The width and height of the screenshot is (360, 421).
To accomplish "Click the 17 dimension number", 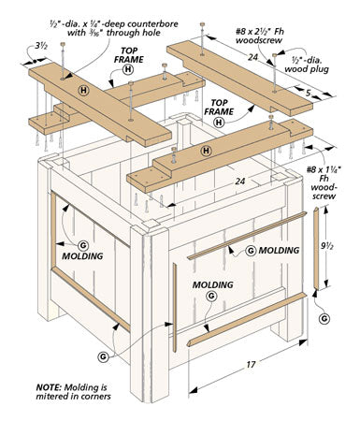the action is pyautogui.click(x=251, y=364).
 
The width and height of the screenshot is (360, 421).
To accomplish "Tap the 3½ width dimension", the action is pyautogui.click(x=41, y=46).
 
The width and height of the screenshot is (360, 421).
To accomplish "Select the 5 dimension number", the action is pyautogui.click(x=309, y=93).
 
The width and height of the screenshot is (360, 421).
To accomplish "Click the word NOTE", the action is pyautogui.click(x=49, y=387).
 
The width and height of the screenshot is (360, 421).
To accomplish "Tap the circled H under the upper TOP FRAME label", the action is pyautogui.click(x=128, y=69).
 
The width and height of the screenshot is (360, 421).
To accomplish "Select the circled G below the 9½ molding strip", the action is pyautogui.click(x=324, y=318).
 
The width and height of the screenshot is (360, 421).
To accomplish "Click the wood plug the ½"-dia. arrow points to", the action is pyautogui.click(x=274, y=55).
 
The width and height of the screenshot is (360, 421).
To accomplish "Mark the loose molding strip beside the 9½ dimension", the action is pyautogui.click(x=316, y=249).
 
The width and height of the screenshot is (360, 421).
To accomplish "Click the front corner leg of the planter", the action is pyautogui.click(x=150, y=312).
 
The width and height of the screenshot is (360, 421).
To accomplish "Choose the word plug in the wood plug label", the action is pyautogui.click(x=321, y=69).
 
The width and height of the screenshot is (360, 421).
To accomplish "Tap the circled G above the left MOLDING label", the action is pyautogui.click(x=83, y=245).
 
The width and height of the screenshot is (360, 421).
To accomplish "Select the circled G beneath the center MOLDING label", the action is pyautogui.click(x=211, y=296).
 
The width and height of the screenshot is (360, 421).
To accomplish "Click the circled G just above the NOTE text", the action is pyautogui.click(x=103, y=356).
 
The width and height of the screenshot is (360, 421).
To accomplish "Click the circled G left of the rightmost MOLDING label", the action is pyautogui.click(x=251, y=251).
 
